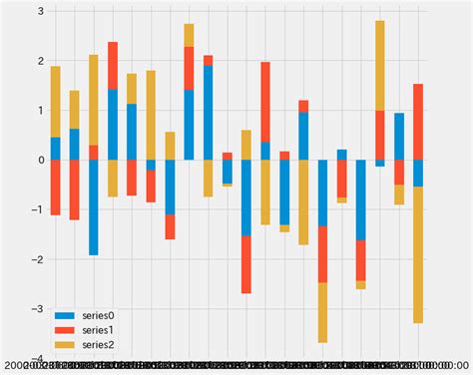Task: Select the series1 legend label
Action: point(99,329)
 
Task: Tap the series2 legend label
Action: point(99,344)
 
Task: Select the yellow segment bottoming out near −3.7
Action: point(322,312)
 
